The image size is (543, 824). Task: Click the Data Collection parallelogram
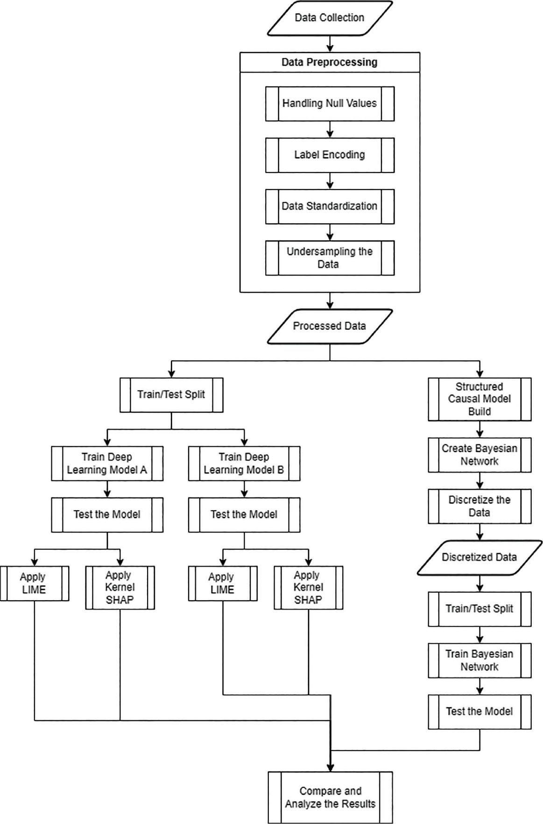(x=330, y=18)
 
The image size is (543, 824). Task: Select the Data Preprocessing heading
(x=330, y=62)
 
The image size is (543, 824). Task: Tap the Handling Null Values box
(x=330, y=103)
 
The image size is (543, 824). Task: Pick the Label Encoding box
(x=330, y=155)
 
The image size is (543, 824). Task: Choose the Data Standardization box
(x=330, y=206)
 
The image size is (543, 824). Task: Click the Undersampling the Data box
(x=330, y=258)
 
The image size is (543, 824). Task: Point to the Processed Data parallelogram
(x=330, y=326)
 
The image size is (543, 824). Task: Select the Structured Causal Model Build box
(x=480, y=399)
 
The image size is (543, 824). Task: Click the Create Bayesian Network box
(x=480, y=455)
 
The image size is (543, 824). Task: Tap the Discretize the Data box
(x=480, y=506)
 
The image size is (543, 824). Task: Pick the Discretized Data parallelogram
(x=480, y=557)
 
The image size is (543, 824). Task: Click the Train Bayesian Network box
(x=480, y=660)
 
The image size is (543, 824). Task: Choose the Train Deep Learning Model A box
(x=107, y=463)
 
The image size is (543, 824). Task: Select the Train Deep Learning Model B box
(x=244, y=463)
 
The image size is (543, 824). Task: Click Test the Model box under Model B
(x=244, y=514)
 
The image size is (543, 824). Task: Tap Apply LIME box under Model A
(x=35, y=583)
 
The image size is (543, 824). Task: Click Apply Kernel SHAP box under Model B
(x=308, y=588)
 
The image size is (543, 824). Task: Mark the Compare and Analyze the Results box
(x=330, y=797)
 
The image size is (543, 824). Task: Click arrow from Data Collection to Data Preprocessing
(x=330, y=43)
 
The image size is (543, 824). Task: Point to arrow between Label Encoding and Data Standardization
(x=330, y=180)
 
